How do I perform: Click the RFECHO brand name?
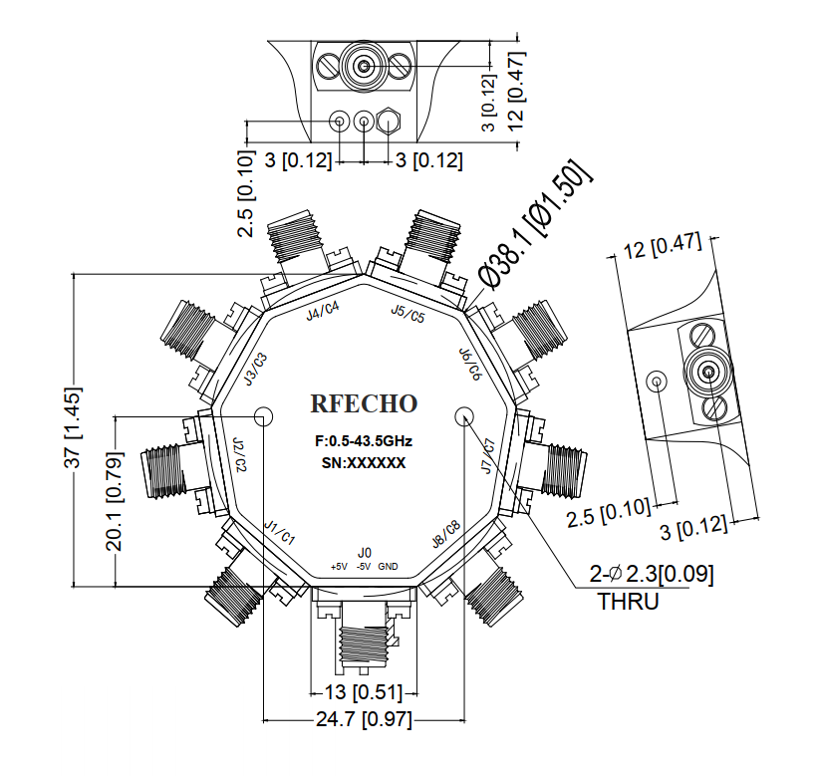364,404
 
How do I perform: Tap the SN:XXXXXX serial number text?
364,462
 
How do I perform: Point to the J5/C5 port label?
408,315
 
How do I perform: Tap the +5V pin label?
339,567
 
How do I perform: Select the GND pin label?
389,567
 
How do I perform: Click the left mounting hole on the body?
264,416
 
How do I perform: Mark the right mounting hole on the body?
464,416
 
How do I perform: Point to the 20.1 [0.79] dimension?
116,501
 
